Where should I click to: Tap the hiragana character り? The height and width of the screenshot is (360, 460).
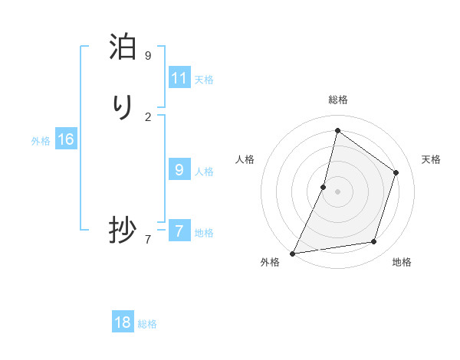point(123,108)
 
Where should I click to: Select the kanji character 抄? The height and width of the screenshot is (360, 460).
point(123,230)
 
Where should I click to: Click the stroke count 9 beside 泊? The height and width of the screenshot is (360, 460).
point(148,56)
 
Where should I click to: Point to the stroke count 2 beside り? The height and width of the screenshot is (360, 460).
point(148,116)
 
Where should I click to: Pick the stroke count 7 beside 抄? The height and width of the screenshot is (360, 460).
point(148,240)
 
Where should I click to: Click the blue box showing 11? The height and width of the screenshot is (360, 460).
point(179,78)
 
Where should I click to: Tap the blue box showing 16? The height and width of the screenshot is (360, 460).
point(66,139)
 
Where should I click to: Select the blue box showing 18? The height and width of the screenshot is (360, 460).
point(123,322)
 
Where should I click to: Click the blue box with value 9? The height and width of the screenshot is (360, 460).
point(179,170)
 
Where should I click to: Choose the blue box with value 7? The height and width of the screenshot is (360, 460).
point(179,231)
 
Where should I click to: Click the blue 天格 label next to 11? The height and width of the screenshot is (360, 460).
point(204,80)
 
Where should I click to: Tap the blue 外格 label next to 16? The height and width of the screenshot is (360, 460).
point(41,141)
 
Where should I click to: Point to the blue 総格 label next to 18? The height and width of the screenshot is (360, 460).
point(147,324)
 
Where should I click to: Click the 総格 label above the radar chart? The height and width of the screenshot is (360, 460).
point(338,100)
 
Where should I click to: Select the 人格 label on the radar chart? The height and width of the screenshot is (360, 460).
point(245,159)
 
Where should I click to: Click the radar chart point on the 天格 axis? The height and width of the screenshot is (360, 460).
point(396,172)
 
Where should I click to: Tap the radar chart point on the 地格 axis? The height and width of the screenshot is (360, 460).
point(374,242)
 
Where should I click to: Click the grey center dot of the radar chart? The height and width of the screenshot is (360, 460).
point(338,191)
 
